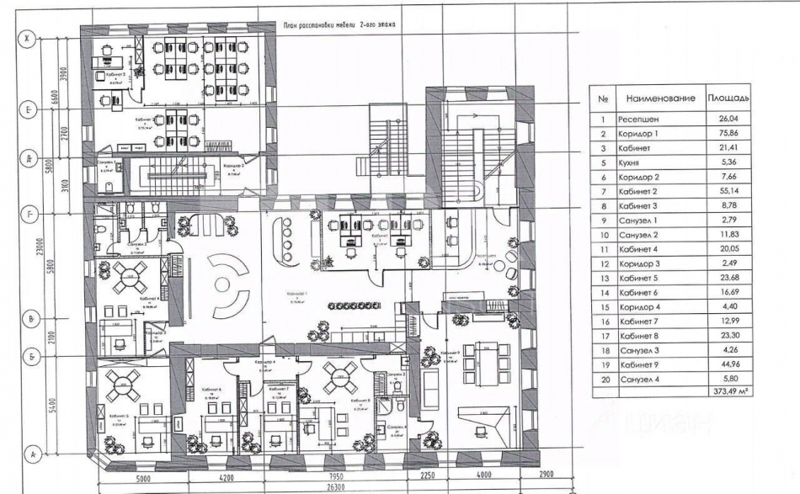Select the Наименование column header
660,98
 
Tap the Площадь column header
729,98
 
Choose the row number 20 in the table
603,378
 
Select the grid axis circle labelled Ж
31,39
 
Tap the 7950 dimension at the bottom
312,477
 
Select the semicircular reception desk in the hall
227,284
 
